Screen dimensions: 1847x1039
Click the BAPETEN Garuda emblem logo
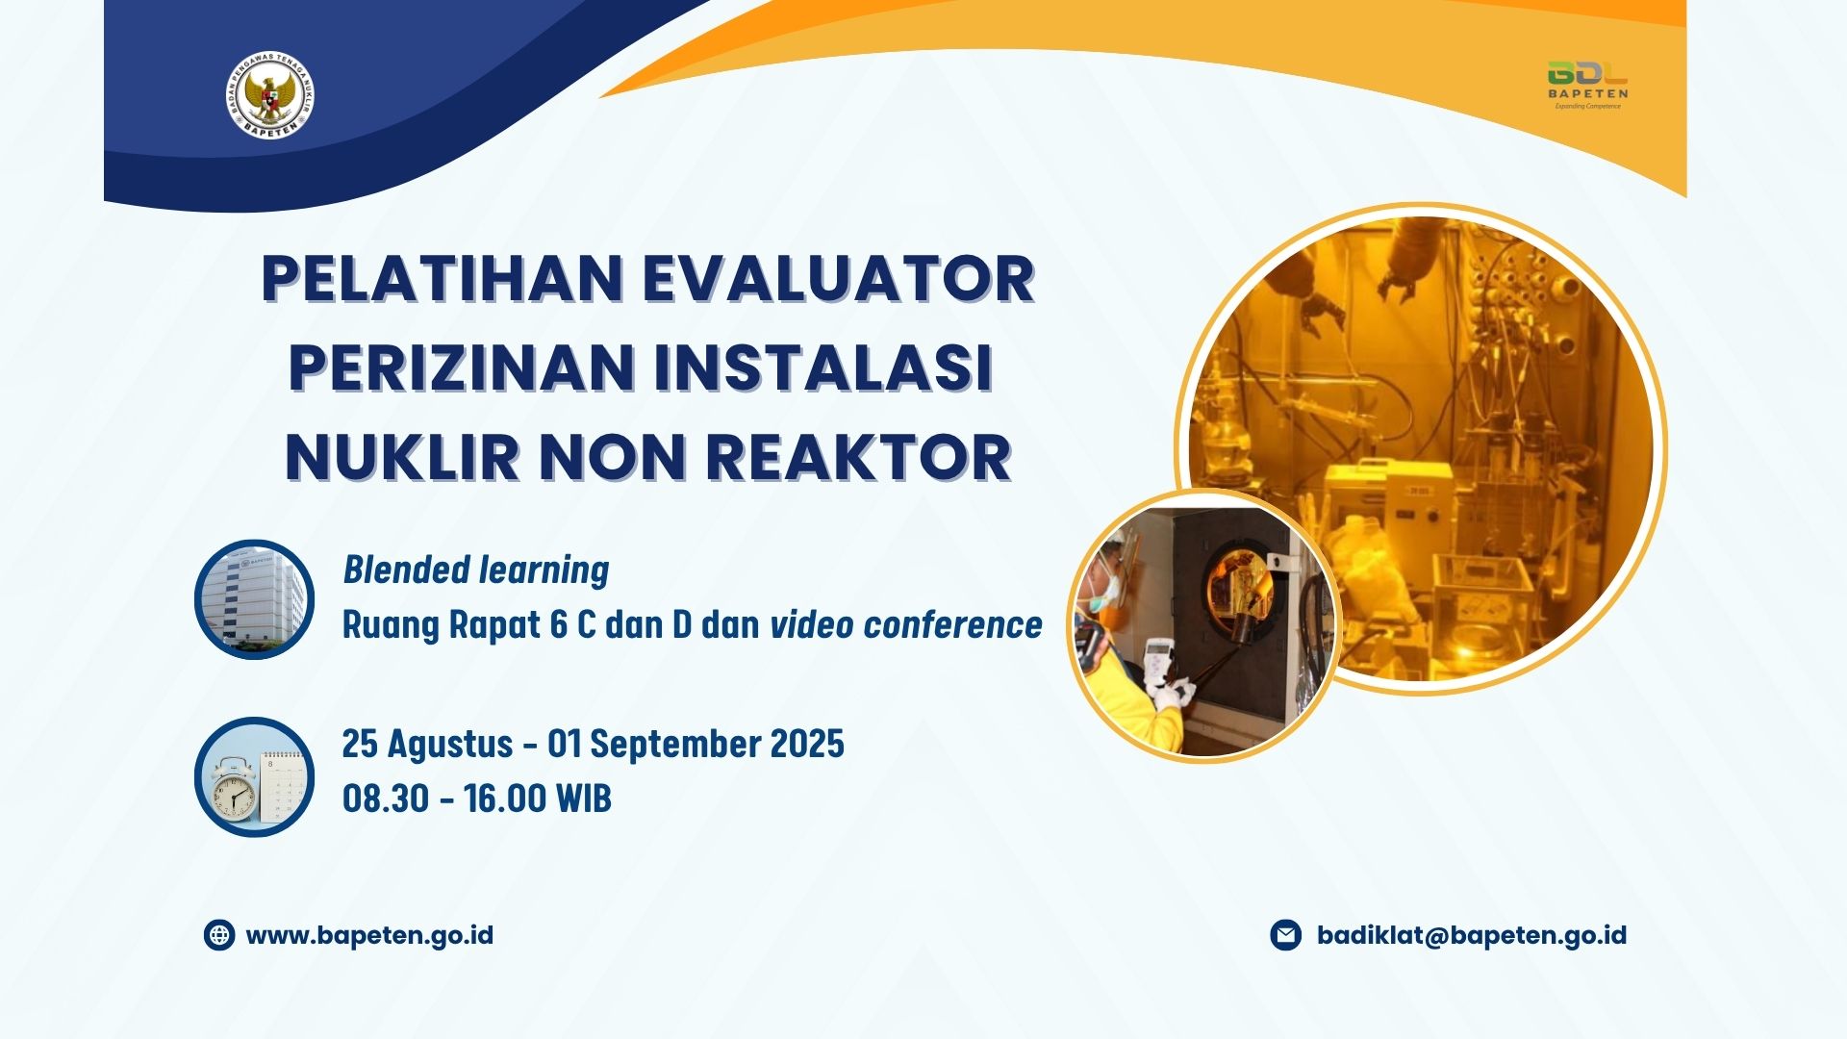(270, 97)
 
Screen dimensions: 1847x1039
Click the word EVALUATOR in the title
(838, 279)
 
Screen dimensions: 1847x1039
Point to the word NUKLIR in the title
(402, 457)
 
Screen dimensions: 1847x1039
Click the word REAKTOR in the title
(858, 457)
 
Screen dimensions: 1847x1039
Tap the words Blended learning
(476, 570)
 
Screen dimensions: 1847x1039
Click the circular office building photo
(254, 598)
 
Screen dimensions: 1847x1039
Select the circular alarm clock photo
(254, 776)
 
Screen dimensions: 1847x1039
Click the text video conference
(906, 624)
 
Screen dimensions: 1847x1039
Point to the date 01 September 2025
(696, 744)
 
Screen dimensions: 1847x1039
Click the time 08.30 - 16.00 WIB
(477, 798)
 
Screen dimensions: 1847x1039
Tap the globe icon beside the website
(219, 935)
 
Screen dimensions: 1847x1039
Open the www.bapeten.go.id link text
(369, 936)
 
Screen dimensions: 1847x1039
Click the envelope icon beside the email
(1285, 935)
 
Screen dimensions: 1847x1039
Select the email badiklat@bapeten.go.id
(1472, 935)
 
